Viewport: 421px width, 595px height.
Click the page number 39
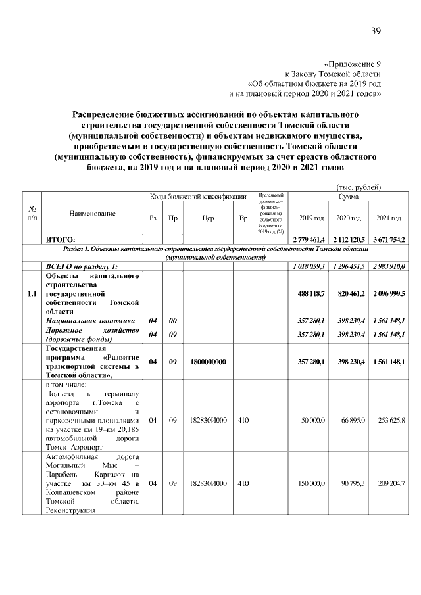[376, 31]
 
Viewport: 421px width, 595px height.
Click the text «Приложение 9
[353, 64]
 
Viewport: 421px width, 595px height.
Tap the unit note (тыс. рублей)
[359, 187]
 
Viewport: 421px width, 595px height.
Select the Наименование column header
[92, 214]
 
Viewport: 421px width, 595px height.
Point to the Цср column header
[208, 218]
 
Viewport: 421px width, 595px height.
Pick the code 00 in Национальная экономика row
[172, 320]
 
